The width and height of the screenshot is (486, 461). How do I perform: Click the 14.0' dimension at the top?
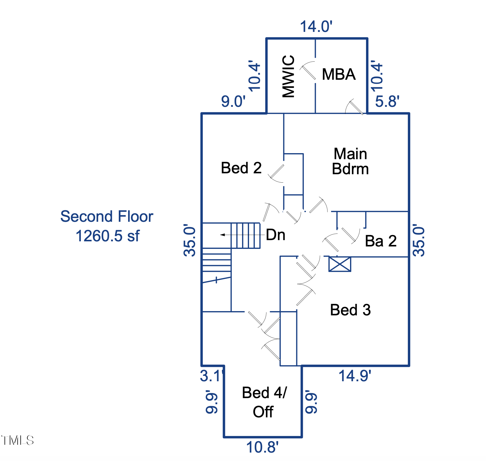coord(316,26)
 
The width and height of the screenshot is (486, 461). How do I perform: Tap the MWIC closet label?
coord(288,76)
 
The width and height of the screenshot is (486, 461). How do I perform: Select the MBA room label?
coord(339,74)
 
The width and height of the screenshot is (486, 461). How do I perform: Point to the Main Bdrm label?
coord(350,161)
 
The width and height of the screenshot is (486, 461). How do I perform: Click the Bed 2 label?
coord(241,168)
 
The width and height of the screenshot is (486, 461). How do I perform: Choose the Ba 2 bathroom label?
coord(381,241)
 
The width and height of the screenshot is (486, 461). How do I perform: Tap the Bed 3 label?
coord(350,310)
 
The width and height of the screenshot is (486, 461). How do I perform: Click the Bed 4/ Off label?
coord(264,402)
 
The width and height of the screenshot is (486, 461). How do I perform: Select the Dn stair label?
coord(275,235)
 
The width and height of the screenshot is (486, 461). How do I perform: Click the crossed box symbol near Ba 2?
coord(340,264)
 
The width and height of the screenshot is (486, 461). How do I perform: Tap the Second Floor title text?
coord(107,216)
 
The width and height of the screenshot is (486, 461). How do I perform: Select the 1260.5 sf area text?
coord(107,236)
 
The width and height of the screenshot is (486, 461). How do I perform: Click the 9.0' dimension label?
coord(233,101)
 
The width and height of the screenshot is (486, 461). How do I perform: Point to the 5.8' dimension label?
coord(387,101)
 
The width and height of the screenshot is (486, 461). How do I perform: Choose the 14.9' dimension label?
coord(355,376)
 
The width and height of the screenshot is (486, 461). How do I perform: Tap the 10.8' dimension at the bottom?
coord(262,447)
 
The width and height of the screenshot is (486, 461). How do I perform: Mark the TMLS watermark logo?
coord(17,440)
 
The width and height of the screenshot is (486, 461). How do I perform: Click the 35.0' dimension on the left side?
coord(190,240)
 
